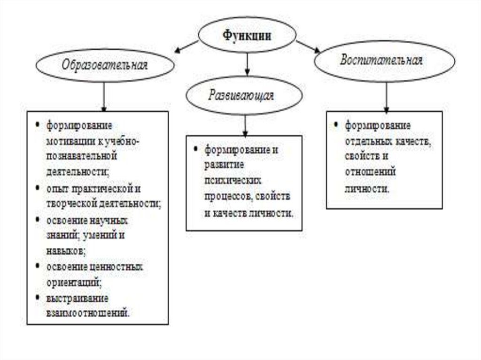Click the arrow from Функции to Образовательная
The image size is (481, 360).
click(x=186, y=46)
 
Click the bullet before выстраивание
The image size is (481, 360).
click(x=37, y=298)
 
